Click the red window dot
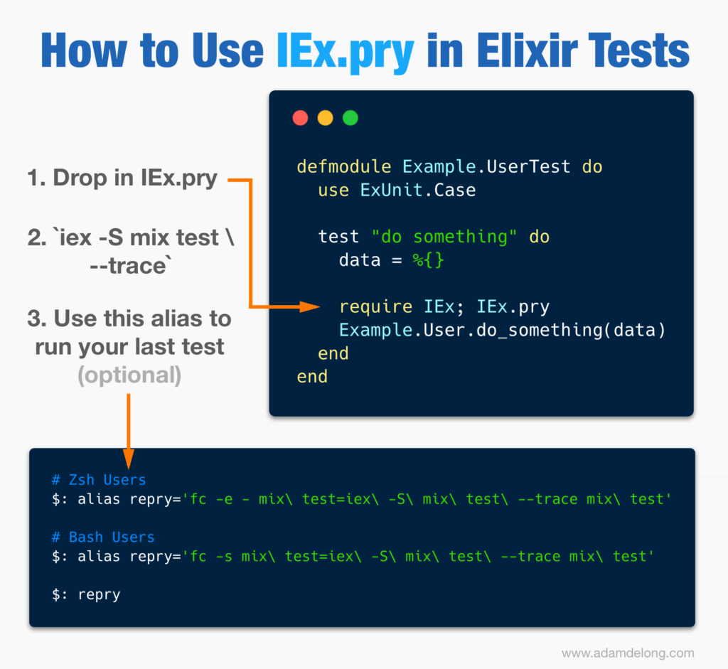[301, 118]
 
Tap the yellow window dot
[325, 118]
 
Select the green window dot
[350, 118]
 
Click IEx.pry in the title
[345, 52]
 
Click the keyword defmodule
[344, 166]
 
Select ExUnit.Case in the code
[418, 190]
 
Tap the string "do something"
[444, 237]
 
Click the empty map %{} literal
[428, 260]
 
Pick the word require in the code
[375, 307]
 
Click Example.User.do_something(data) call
[503, 330]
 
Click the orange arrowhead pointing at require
[310, 306]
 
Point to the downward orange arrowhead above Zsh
[129, 459]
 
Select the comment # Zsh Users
[99, 480]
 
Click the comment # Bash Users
[103, 537]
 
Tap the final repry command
[100, 595]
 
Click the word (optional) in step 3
[129, 375]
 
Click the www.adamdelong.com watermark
[628, 653]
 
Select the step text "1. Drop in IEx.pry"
[122, 178]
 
